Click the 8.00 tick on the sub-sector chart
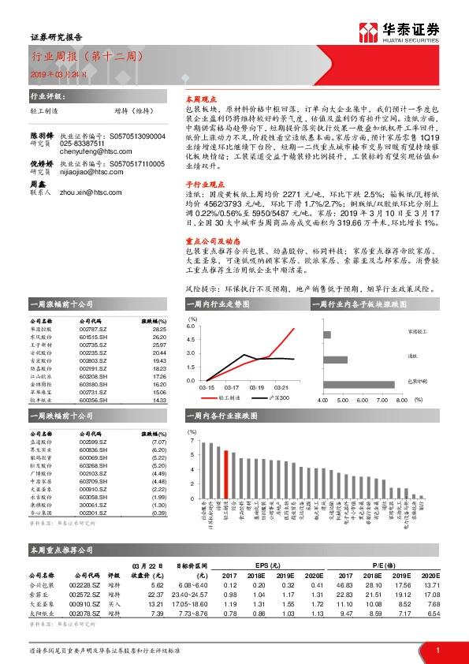(x=400, y=400)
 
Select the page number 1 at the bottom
(x=437, y=649)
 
